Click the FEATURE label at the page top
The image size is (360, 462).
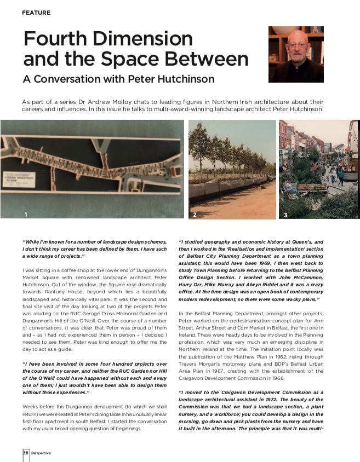(36, 13)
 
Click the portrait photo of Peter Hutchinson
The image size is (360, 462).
(296, 54)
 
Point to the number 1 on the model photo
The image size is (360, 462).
(25, 215)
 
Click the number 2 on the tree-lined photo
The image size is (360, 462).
(195, 215)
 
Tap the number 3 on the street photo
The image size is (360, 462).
(285, 215)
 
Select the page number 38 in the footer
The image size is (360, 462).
(25, 453)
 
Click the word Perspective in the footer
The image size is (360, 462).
(41, 453)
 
